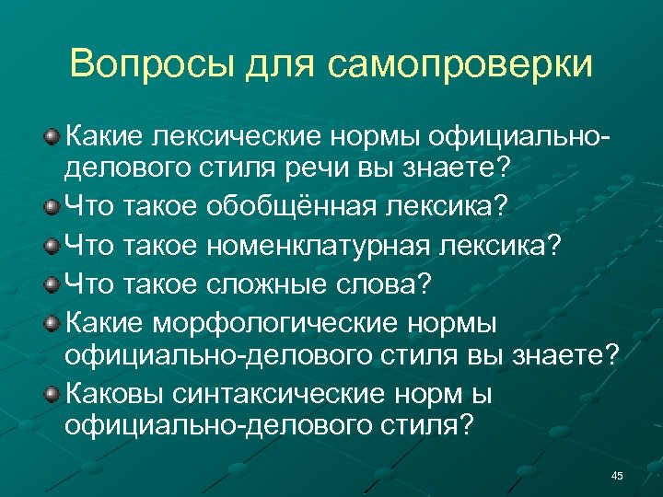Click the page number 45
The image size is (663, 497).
pyautogui.click(x=617, y=475)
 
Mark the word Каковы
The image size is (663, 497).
pyautogui.click(x=109, y=396)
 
